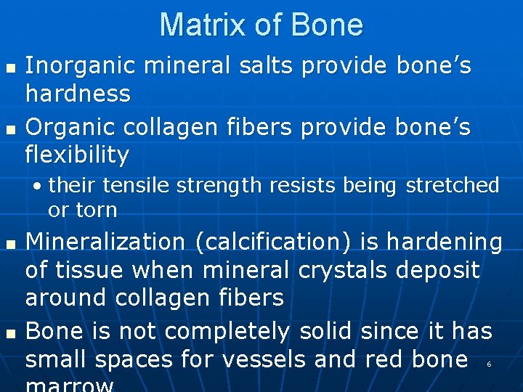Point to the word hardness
(x=78, y=94)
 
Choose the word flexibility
(x=77, y=155)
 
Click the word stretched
(x=453, y=186)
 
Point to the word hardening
(x=444, y=242)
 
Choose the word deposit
(x=438, y=270)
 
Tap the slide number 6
(x=489, y=364)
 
